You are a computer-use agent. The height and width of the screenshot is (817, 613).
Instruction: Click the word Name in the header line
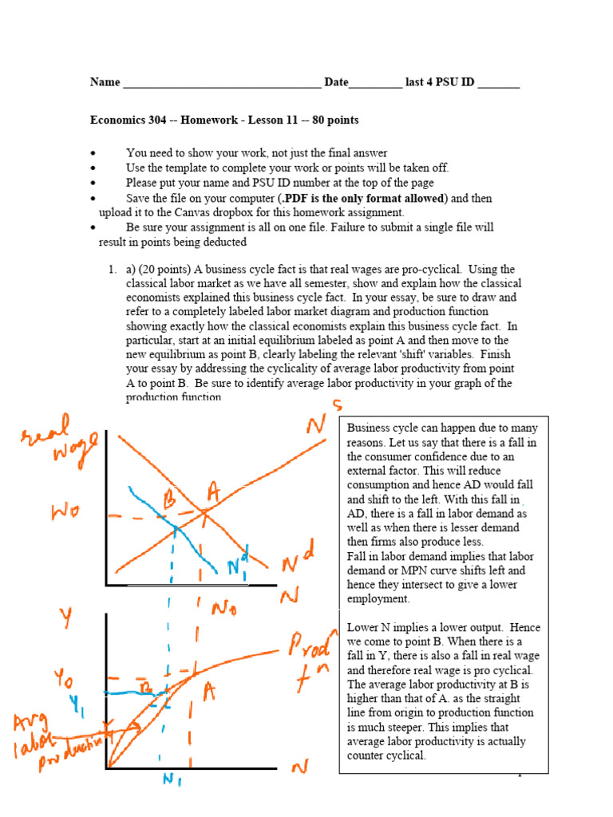pos(105,82)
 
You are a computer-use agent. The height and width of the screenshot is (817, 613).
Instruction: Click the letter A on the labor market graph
pos(214,489)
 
